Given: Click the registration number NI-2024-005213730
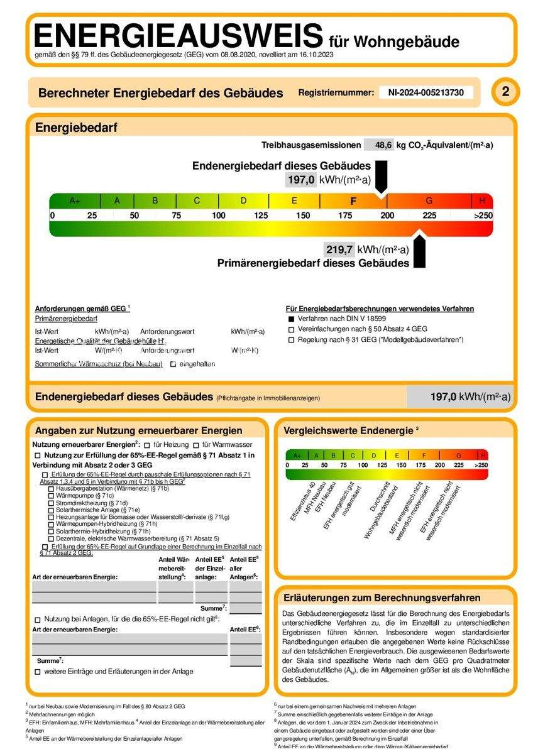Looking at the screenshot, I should (426, 92).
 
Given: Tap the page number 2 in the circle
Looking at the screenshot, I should (505, 92).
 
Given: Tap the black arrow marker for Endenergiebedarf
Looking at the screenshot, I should (381, 177).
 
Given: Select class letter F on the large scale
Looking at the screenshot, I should (353, 201).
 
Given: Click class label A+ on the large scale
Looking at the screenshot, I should (75, 201).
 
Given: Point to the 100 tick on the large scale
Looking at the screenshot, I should (218, 216).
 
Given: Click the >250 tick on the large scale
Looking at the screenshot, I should (482, 216).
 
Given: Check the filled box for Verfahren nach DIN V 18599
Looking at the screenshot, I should (291, 319).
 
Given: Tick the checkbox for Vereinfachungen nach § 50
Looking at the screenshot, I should (291, 329).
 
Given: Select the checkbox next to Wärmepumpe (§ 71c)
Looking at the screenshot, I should (51, 496).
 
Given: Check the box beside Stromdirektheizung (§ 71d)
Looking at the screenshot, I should (51, 503).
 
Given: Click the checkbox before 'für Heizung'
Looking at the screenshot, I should (147, 445).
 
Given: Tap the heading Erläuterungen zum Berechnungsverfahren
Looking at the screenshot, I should (382, 598).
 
